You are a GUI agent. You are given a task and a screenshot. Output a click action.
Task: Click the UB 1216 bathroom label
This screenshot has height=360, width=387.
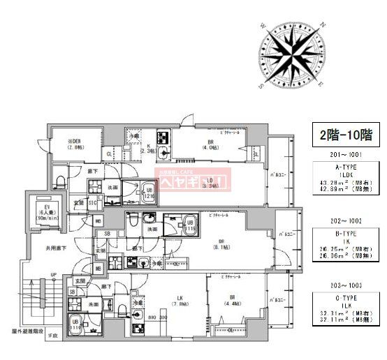[x=149, y=193]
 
